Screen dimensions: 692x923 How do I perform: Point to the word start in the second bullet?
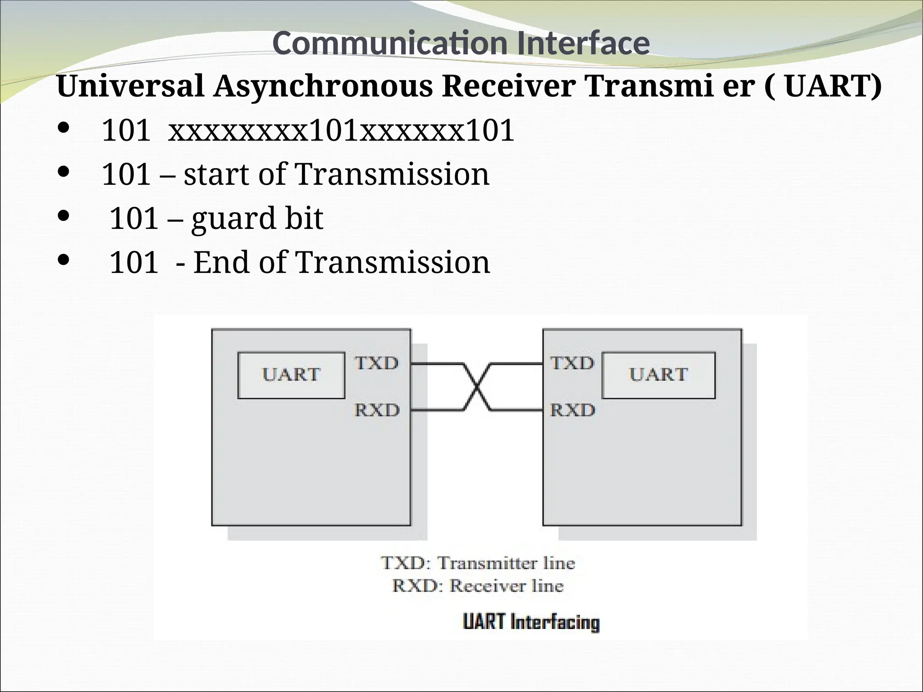[216, 175]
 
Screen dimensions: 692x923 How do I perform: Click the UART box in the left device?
[291, 375]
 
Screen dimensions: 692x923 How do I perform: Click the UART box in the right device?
[658, 375]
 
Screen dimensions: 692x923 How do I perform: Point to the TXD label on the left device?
[377, 363]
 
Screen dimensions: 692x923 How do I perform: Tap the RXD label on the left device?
[377, 410]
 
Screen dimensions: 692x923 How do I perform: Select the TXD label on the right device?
[572, 363]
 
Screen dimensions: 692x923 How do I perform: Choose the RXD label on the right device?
[572, 410]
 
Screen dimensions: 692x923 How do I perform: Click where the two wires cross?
[477, 387]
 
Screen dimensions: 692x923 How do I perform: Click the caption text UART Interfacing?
[531, 623]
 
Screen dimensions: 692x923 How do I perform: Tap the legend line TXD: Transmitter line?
[478, 563]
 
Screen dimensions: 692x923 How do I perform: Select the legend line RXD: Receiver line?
[478, 586]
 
